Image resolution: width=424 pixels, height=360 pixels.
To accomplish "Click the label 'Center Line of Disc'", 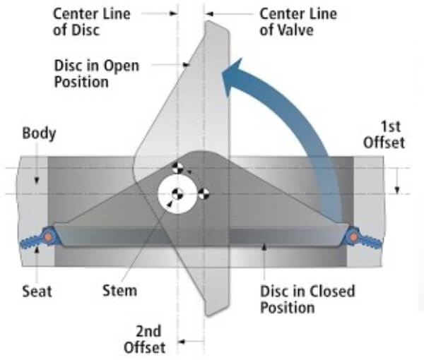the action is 91,22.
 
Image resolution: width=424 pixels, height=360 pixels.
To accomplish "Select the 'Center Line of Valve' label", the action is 298,22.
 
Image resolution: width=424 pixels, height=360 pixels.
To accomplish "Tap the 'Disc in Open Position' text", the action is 97,73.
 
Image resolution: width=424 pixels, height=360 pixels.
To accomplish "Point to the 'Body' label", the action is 39,133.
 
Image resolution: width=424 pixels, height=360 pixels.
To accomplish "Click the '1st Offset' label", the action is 384,135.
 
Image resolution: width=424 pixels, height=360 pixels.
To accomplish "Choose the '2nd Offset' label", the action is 144,340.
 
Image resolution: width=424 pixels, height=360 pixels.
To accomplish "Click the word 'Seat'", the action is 37,292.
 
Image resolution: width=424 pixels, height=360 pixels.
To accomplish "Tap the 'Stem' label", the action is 119,291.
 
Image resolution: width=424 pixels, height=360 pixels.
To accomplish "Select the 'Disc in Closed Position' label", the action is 307,299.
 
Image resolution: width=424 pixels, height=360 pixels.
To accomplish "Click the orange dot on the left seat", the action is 48,237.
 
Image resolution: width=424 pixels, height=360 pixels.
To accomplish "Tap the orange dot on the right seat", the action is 354,237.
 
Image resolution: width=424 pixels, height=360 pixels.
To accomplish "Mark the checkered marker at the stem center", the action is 177,194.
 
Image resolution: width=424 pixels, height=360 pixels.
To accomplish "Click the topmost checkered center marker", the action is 177,168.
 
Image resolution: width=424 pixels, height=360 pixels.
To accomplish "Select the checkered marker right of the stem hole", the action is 204,194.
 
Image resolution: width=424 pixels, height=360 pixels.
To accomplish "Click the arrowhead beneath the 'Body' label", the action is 37,181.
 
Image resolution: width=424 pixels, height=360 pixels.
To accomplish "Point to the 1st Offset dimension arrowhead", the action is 397,190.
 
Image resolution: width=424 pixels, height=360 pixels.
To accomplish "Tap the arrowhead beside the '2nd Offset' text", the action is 182,342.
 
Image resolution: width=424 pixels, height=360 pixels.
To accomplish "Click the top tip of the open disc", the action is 208,21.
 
